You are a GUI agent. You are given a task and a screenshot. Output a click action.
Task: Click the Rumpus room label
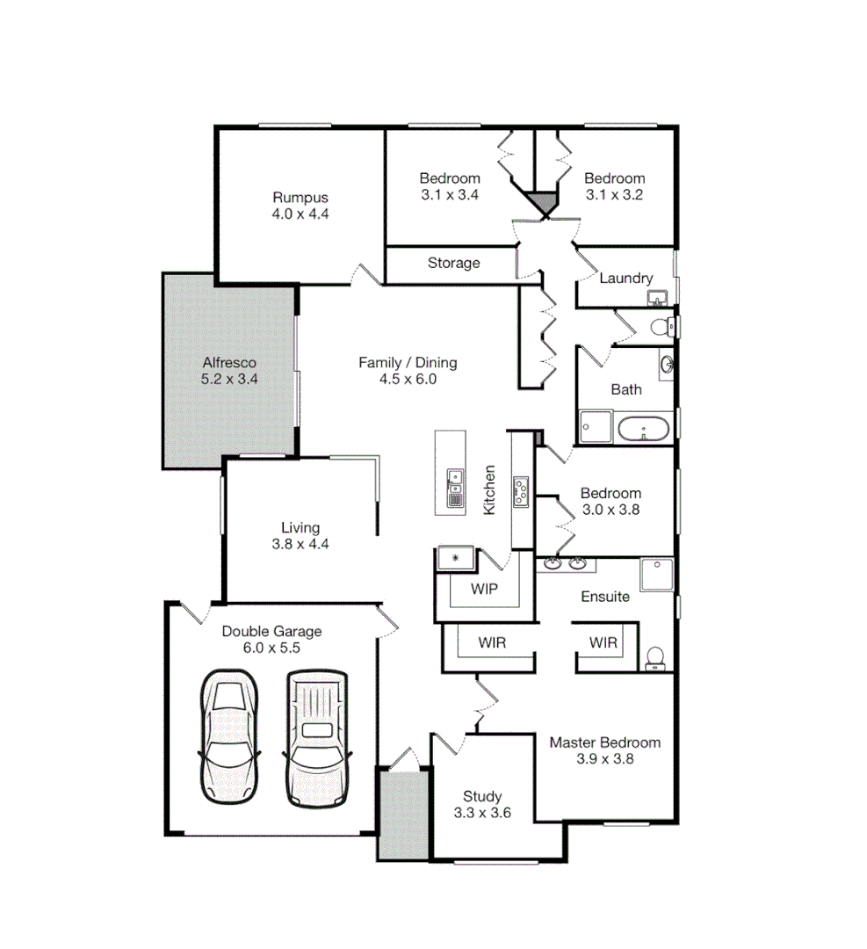tap(300, 198)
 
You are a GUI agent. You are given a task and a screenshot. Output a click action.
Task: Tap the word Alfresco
tap(228, 363)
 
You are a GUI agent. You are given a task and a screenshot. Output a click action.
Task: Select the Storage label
tap(453, 263)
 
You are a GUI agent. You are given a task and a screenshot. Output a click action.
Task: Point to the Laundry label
tap(625, 279)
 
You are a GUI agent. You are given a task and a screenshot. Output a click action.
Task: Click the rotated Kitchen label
tap(490, 490)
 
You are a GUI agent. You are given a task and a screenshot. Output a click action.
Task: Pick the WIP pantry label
tap(483, 589)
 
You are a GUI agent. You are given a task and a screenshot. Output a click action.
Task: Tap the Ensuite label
tap(605, 597)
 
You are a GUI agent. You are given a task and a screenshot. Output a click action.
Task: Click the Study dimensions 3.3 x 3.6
tap(482, 814)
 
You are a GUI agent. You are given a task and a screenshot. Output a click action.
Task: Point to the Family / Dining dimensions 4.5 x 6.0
tap(408, 380)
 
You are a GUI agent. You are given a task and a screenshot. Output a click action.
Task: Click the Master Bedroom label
tap(604, 743)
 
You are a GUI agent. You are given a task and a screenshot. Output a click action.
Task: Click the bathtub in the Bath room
tap(644, 430)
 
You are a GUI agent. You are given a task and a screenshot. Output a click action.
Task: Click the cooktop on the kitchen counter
tap(521, 491)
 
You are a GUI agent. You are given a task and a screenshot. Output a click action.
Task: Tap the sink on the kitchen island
tap(454, 480)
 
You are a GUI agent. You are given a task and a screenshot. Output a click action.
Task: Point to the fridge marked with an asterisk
tap(455, 557)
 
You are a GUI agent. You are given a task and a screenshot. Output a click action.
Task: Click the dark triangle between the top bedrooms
tap(545, 204)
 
